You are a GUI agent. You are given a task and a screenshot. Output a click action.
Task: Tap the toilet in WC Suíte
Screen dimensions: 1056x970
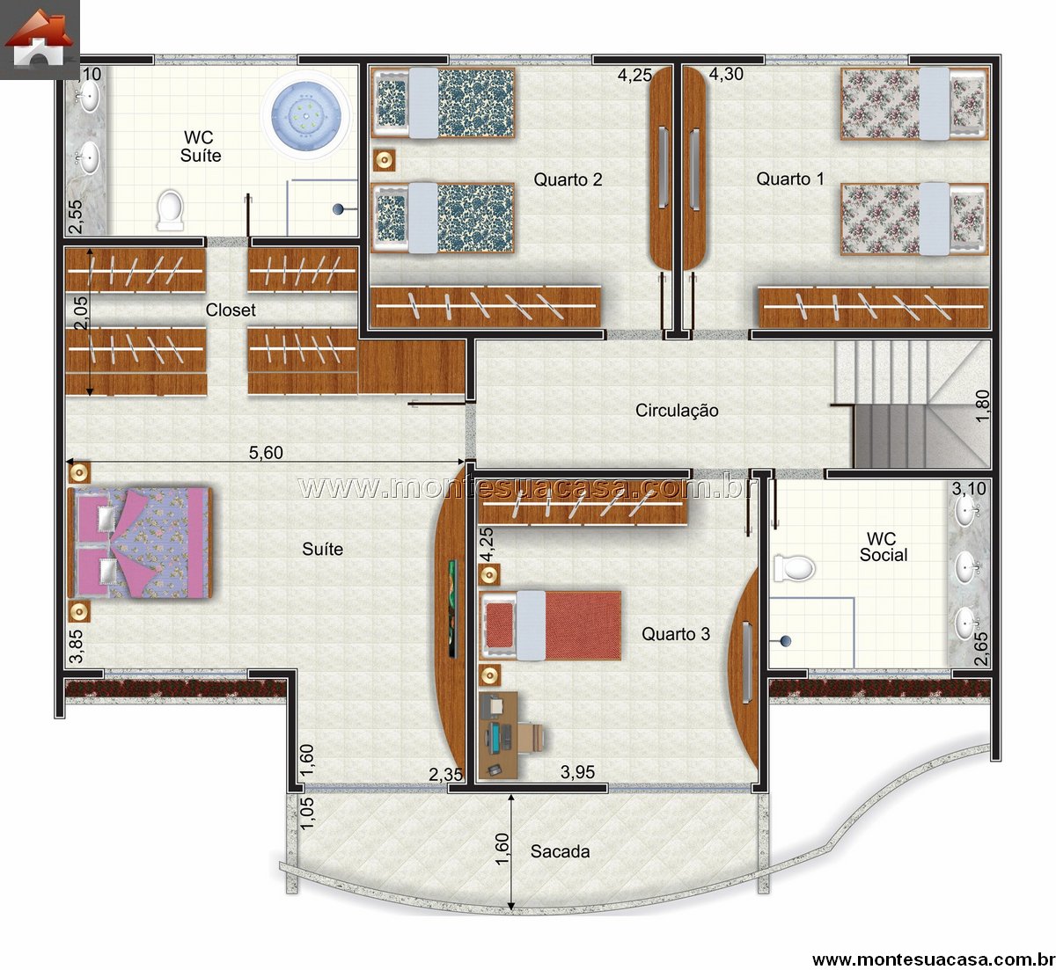(x=170, y=210)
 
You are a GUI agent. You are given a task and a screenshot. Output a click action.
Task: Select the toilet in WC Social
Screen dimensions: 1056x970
(x=795, y=569)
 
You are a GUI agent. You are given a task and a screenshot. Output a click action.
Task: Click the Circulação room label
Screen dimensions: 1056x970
(x=677, y=411)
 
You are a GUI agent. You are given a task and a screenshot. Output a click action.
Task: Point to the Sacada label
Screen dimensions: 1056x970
(x=560, y=851)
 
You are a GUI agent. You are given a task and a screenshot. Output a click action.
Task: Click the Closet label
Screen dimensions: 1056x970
(x=231, y=310)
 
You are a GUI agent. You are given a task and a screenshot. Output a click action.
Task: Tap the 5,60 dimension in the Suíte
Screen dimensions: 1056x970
(x=266, y=453)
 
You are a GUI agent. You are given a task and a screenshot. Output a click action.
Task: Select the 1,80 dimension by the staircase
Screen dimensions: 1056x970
(x=982, y=405)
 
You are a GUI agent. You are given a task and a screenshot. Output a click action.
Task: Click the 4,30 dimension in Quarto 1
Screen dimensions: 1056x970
(x=726, y=74)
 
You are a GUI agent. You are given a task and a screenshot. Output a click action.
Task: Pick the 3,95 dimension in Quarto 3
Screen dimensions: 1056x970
(x=577, y=772)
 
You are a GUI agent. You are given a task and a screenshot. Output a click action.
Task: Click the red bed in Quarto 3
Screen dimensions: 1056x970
(x=550, y=625)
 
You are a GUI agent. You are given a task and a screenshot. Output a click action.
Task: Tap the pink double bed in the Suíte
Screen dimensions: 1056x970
(x=140, y=543)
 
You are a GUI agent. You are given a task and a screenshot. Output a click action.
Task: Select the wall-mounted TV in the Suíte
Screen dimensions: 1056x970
(x=452, y=609)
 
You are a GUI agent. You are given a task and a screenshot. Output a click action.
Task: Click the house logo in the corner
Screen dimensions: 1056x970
(x=40, y=40)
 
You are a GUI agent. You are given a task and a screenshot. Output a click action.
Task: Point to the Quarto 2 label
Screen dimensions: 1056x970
(x=568, y=179)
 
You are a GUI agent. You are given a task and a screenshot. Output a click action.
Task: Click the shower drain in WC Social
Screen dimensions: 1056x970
(x=786, y=641)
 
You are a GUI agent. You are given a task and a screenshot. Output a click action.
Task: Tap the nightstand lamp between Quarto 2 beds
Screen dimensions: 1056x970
(x=385, y=160)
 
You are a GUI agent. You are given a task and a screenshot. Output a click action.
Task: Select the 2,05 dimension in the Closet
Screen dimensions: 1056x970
(x=82, y=313)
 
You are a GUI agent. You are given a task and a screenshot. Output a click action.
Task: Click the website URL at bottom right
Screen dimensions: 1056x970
(x=933, y=959)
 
